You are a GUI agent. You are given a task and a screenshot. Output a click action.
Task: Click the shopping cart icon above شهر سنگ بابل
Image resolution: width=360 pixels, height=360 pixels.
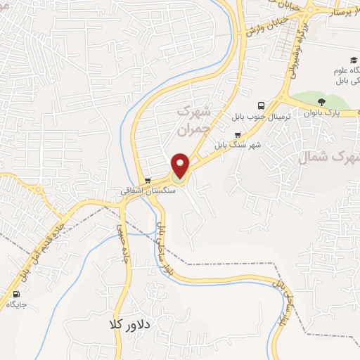[x=238, y=135]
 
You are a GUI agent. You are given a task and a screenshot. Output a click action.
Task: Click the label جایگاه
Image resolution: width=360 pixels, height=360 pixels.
[x=16, y=304]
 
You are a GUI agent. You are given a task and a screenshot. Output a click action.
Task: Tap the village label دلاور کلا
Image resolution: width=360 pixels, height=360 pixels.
[x=131, y=325]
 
